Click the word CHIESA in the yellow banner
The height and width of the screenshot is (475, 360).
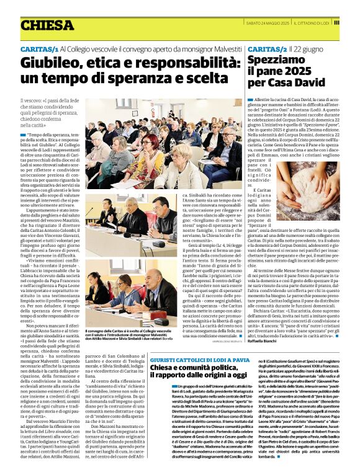pyautogui.click(x=47, y=25)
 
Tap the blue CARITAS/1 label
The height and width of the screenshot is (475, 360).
pyautogui.click(x=38, y=48)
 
